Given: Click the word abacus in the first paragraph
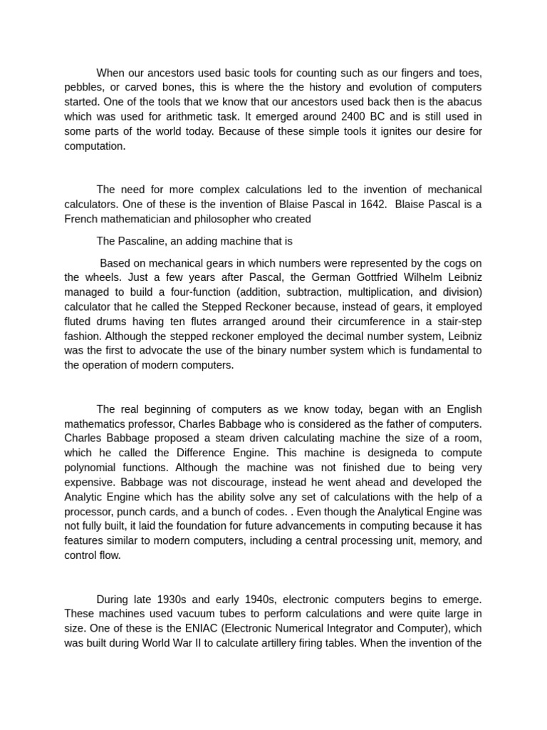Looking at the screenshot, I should coord(464,101).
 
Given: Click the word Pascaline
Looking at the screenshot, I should coord(142,241).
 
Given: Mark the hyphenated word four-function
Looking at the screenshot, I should coord(199,292).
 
